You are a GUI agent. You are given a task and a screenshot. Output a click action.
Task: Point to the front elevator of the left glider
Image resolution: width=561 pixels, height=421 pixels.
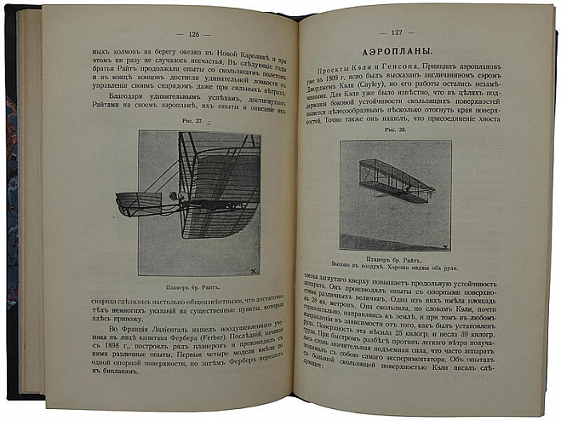point(138,203)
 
